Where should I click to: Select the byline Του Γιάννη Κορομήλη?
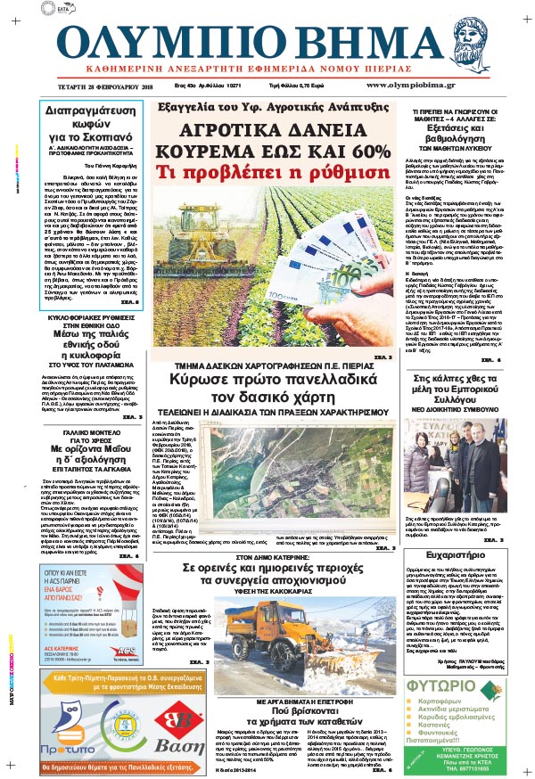[x=89, y=165]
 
